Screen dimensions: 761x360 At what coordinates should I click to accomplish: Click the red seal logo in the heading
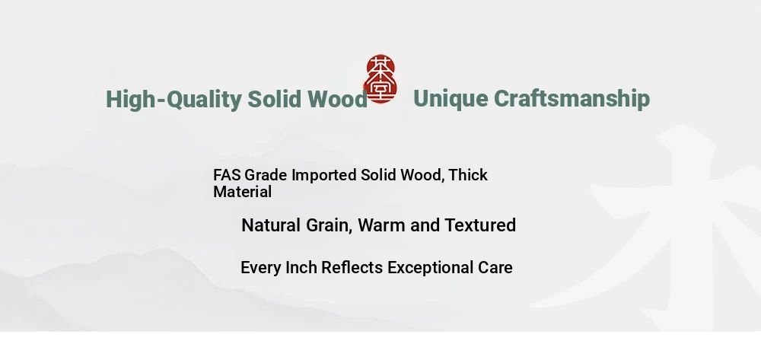(380, 78)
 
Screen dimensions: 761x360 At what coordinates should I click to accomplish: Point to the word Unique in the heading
(451, 100)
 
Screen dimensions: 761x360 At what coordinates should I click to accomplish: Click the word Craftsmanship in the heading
(572, 99)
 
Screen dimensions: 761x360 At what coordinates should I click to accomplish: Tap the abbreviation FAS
(227, 174)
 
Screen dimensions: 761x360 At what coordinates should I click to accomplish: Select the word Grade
(266, 174)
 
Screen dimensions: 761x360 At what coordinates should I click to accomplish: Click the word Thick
(468, 174)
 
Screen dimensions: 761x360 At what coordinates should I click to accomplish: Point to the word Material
(242, 192)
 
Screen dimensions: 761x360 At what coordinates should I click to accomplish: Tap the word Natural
(271, 225)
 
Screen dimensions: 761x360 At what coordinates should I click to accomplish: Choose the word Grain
(329, 225)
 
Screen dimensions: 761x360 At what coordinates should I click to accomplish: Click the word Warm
(382, 225)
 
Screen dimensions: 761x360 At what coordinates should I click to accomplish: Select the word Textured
(480, 225)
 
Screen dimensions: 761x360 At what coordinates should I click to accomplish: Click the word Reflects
(352, 267)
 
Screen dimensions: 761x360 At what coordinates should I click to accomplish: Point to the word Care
(495, 267)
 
